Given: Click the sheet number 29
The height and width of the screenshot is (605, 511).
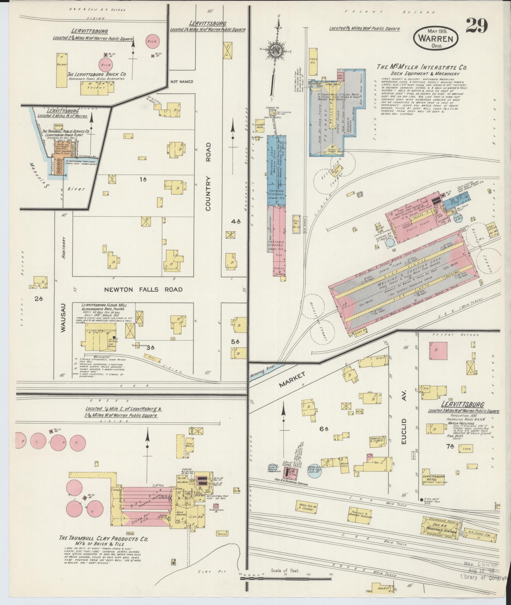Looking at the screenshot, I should pyautogui.click(x=476, y=26).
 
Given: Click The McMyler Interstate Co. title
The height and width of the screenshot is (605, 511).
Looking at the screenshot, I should pyautogui.click(x=422, y=68).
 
